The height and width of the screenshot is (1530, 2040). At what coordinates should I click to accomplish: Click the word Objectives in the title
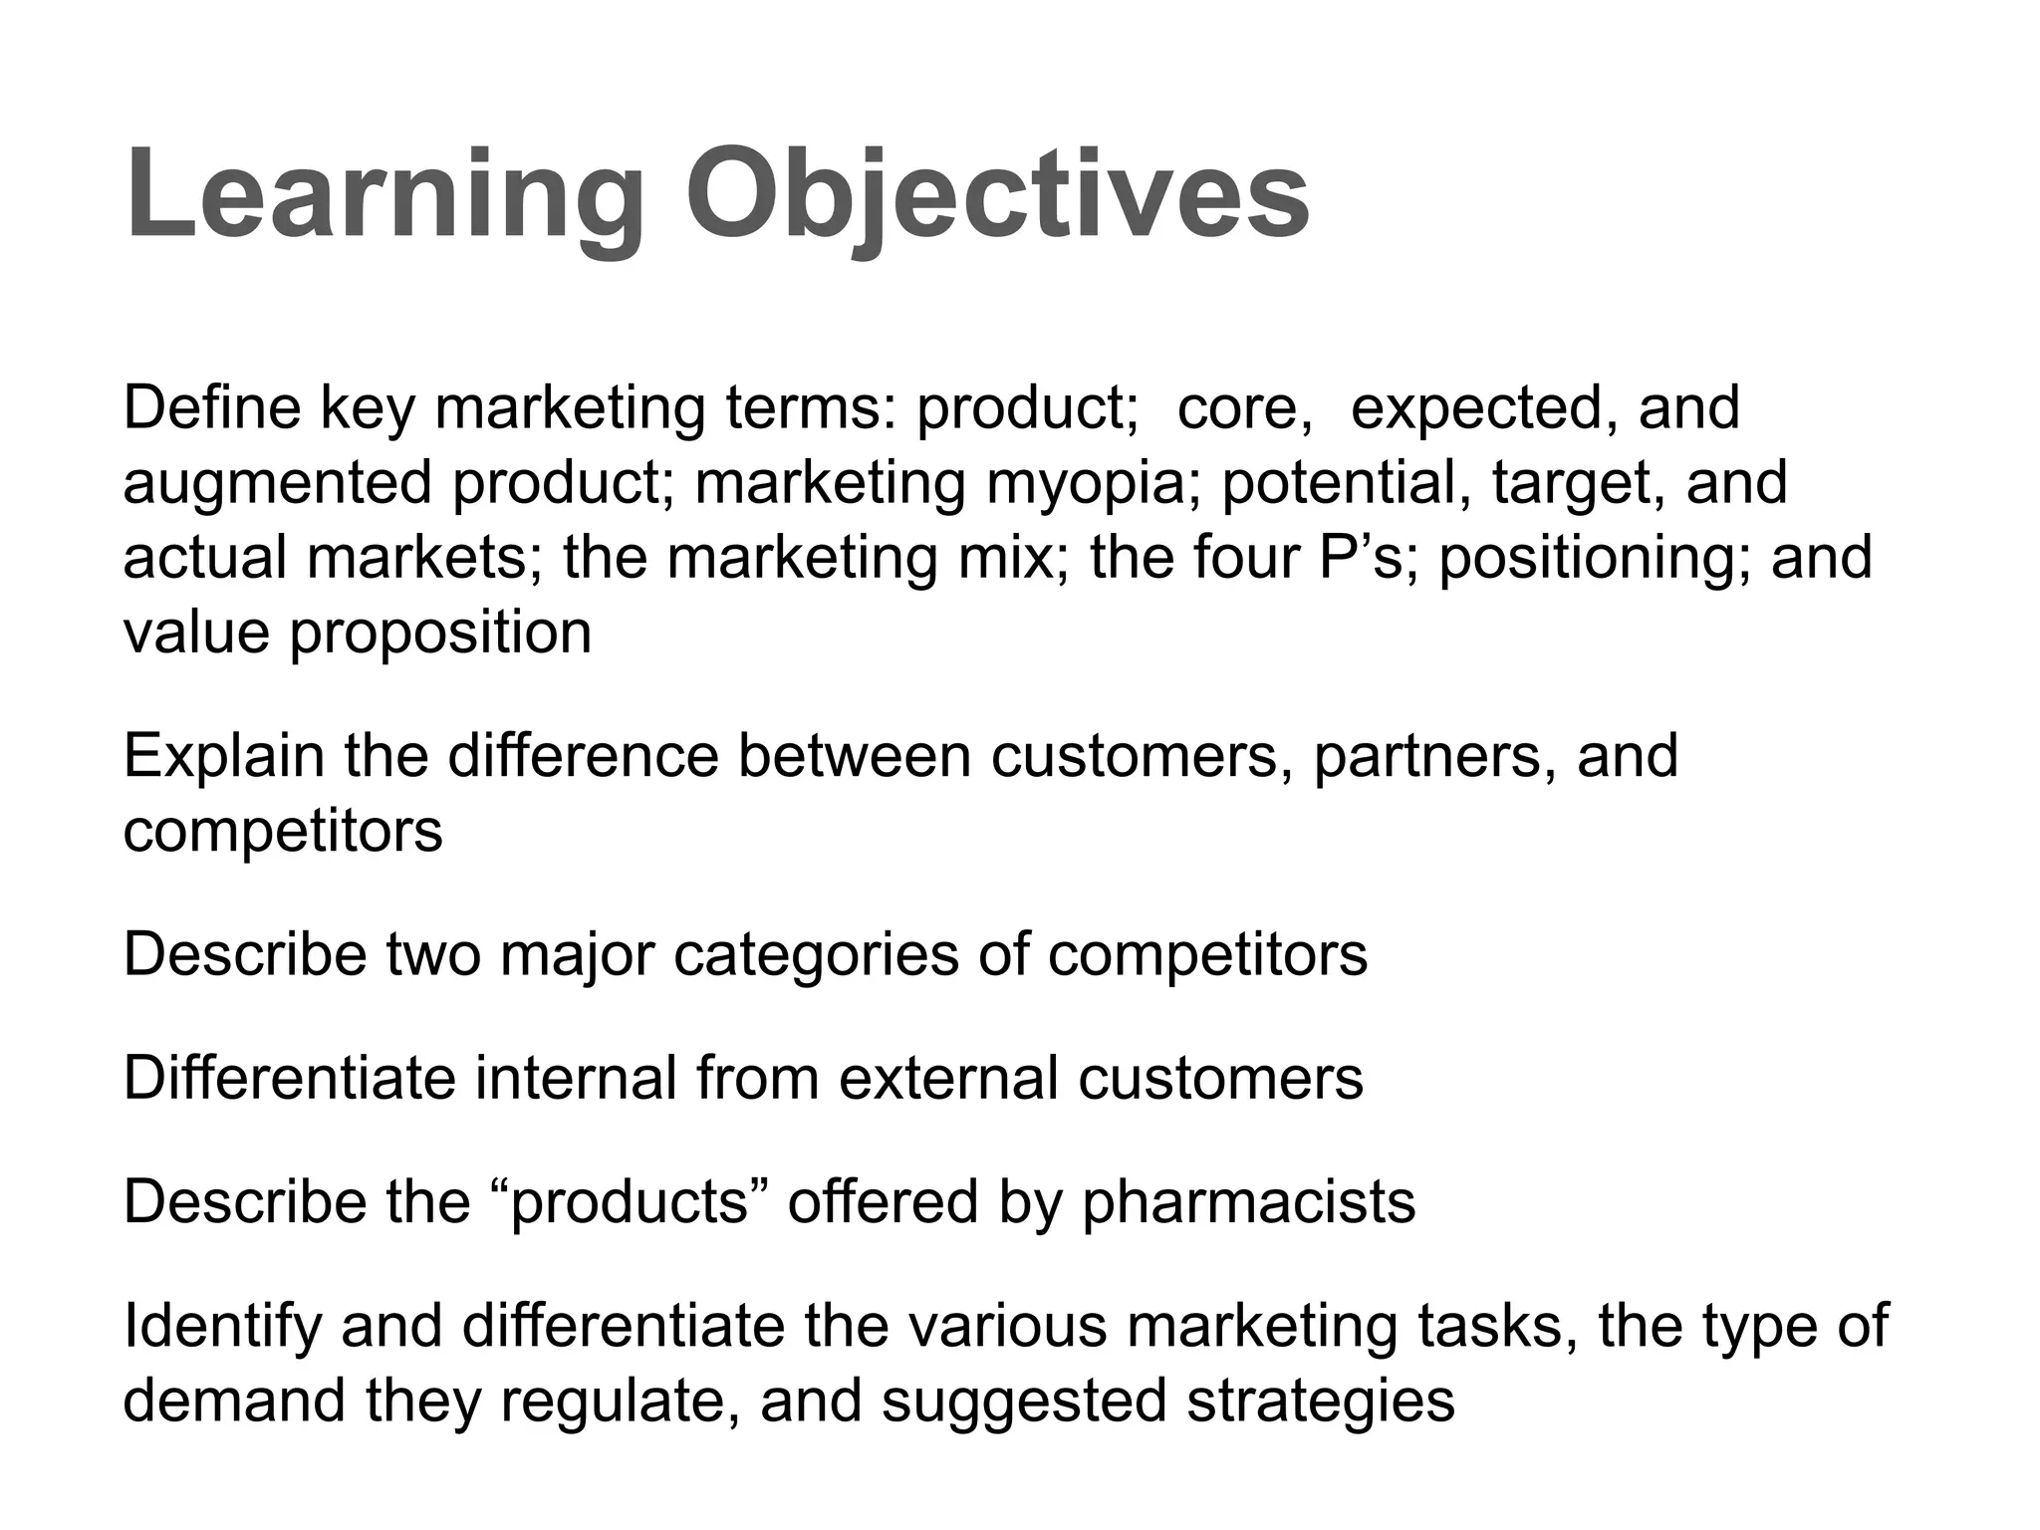tap(997, 194)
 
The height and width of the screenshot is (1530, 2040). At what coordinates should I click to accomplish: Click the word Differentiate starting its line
tap(289, 1078)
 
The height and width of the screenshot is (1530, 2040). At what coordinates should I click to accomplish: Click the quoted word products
tap(630, 1203)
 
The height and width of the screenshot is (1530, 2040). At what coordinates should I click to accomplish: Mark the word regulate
tap(620, 1402)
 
